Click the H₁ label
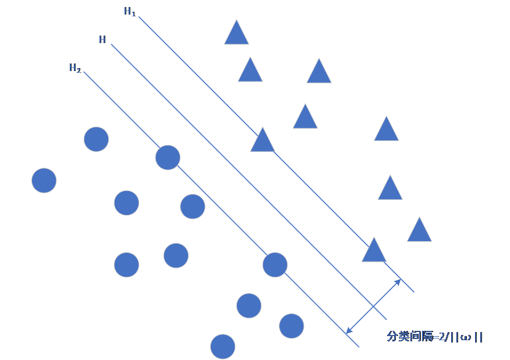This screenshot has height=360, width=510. click(x=130, y=12)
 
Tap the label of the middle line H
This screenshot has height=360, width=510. click(x=102, y=40)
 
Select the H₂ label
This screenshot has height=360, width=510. click(x=75, y=69)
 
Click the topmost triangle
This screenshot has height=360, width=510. click(x=236, y=34)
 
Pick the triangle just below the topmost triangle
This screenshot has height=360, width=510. click(x=250, y=70)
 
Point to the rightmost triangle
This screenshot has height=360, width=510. click(x=419, y=231)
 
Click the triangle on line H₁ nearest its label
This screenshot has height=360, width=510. click(x=263, y=141)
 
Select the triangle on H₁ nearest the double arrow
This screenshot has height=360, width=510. click(x=374, y=251)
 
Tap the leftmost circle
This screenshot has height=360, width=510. click(x=44, y=181)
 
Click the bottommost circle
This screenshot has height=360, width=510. click(x=222, y=347)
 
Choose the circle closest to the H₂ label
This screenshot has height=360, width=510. click(x=96, y=139)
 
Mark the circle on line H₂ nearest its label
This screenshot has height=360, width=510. click(x=168, y=157)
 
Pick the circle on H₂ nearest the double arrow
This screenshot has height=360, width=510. click(x=275, y=265)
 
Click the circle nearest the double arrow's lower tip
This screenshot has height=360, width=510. click(x=291, y=326)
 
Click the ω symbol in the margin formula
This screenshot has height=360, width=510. click(x=465, y=337)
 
